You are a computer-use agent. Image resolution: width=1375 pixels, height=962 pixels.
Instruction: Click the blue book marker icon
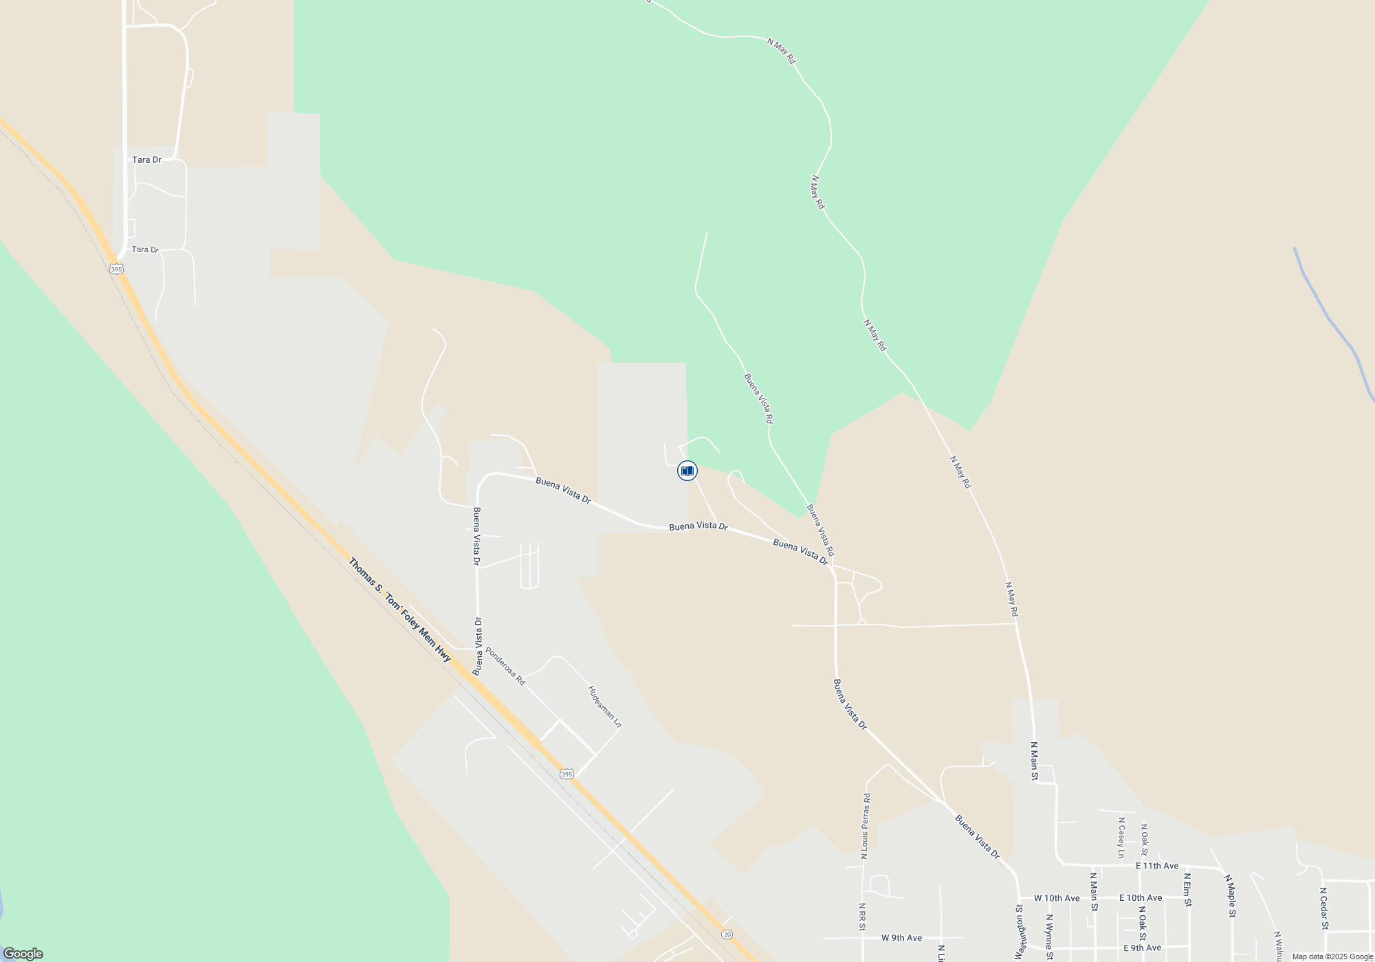pos(687,471)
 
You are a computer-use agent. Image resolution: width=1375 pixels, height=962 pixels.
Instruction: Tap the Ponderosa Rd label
pos(505,666)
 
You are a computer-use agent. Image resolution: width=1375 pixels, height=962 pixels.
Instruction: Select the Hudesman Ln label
pos(604,706)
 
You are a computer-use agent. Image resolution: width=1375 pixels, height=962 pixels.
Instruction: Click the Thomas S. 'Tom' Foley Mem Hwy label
pos(399,610)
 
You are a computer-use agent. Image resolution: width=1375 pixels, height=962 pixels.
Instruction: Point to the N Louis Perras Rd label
pos(866,827)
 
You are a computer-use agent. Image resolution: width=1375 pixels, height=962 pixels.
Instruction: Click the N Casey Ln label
pos(1121,838)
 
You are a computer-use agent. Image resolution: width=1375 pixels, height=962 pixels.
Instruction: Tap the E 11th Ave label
pos(1157,866)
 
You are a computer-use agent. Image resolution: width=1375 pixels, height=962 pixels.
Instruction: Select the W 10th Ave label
pos(1057,898)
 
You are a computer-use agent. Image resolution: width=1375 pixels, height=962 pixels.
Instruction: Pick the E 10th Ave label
pos(1141,898)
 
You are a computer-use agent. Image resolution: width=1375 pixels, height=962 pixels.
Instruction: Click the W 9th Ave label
pos(901,938)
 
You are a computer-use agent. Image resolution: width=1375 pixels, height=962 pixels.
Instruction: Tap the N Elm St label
pos(1187,890)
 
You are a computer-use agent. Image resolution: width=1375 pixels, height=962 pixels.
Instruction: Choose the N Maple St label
pos(1231,896)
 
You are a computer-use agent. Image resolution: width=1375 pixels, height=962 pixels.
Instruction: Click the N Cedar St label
pos(1323,908)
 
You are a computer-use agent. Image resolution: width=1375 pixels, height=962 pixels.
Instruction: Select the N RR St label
pos(861,917)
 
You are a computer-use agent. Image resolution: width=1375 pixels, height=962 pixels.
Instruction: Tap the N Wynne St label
pos(1049,932)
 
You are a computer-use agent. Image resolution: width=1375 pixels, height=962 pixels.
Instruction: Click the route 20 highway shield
pos(727,935)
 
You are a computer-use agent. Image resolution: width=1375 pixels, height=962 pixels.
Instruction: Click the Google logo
pos(23,953)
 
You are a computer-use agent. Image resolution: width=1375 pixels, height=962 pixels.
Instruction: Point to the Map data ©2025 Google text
pos(1332,957)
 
